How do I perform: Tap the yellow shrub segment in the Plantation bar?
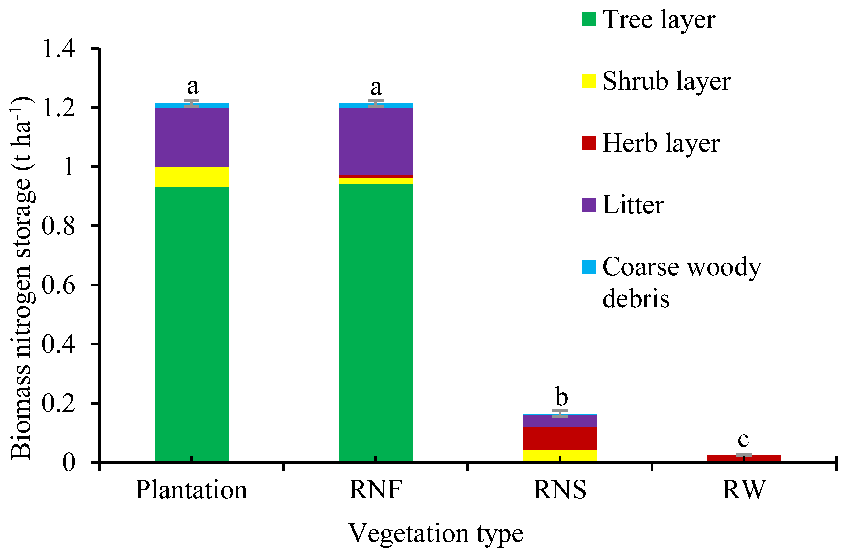click(191, 177)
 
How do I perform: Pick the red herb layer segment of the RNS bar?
click(560, 438)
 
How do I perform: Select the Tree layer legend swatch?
click(589, 20)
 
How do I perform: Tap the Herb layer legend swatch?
click(589, 143)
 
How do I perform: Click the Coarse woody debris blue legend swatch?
click(589, 267)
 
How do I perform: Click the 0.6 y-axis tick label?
click(59, 285)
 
